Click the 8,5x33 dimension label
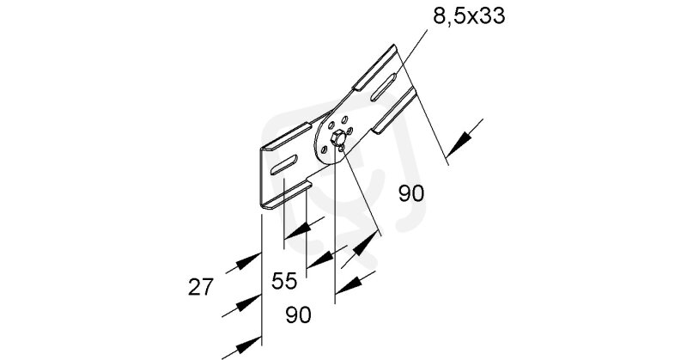(x=469, y=16)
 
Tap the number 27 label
(x=201, y=287)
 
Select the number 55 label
(x=284, y=281)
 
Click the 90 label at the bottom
(x=298, y=314)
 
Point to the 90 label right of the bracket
(x=411, y=193)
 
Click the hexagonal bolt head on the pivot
(x=337, y=138)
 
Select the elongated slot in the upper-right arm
(x=383, y=87)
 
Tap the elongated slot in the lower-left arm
(x=284, y=164)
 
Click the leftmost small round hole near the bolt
(x=325, y=149)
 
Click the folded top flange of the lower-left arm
(x=287, y=137)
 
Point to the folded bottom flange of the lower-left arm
(x=287, y=194)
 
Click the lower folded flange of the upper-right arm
(x=394, y=110)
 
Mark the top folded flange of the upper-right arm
(x=375, y=68)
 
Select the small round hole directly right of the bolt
(x=350, y=131)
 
